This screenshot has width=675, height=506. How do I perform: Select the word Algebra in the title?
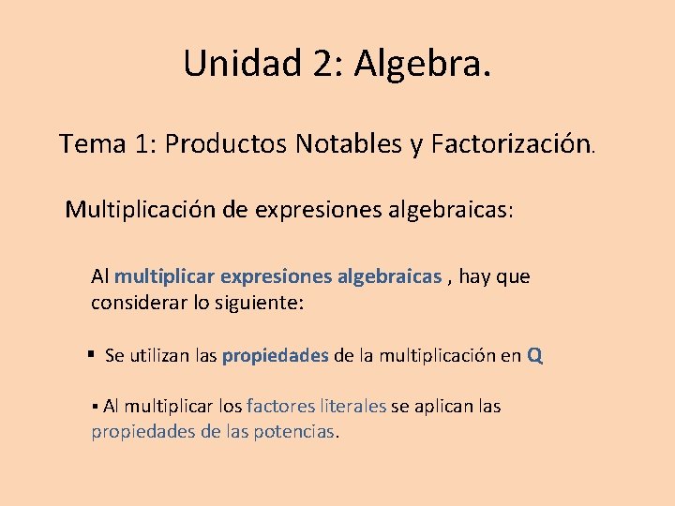pos(417,64)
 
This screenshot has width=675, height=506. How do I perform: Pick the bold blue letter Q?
pos(534,355)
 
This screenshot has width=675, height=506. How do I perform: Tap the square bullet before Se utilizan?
pos(91,355)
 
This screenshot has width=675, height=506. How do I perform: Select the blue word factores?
pos(279,406)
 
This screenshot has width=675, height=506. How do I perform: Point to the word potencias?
pos(293,432)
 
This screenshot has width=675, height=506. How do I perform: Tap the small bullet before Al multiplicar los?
pos(96,407)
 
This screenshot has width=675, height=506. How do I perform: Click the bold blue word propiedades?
pos(276,356)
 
